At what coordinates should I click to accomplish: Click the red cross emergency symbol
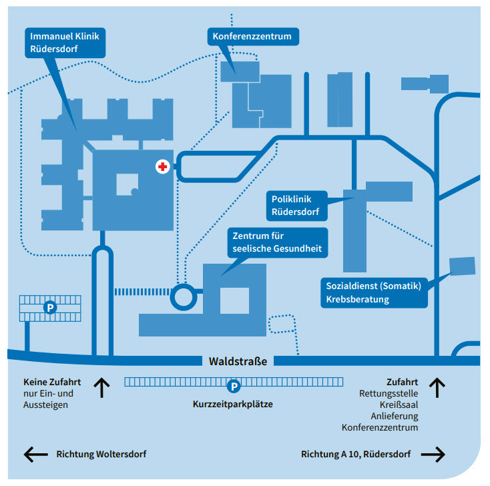pyautogui.click(x=162, y=167)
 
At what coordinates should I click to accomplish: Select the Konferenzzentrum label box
pyautogui.click(x=252, y=36)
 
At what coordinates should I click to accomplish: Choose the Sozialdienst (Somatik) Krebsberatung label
pyautogui.click(x=373, y=292)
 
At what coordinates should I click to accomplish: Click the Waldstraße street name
pyautogui.click(x=238, y=361)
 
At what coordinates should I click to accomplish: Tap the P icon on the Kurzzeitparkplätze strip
pyautogui.click(x=234, y=385)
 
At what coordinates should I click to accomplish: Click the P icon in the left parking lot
pyautogui.click(x=49, y=308)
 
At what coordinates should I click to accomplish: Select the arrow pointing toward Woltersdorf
pyautogui.click(x=35, y=455)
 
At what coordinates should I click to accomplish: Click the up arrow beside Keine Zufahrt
pyautogui.click(x=101, y=388)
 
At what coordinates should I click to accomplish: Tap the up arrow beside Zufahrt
pyautogui.click(x=437, y=387)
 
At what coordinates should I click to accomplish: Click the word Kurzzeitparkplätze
pyautogui.click(x=233, y=405)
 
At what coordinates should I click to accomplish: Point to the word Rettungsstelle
pyautogui.click(x=389, y=394)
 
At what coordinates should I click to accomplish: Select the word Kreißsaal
pyautogui.click(x=399, y=405)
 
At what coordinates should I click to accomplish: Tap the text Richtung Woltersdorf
pyautogui.click(x=101, y=455)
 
